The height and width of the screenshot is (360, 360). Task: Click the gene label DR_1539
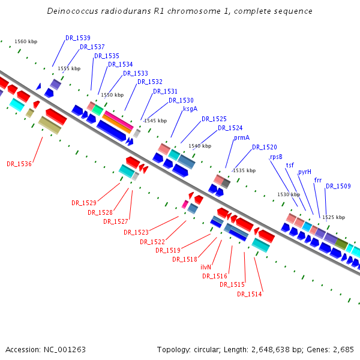78,38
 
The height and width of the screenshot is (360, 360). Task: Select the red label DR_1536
19,164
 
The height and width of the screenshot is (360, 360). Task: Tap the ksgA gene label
190,109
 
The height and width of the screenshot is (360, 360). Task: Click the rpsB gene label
276,157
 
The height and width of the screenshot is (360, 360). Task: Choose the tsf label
290,165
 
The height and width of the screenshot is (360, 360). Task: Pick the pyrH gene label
305,172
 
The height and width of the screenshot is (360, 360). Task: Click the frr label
318,180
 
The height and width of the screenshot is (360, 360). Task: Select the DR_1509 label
338,187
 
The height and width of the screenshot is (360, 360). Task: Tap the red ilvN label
206,268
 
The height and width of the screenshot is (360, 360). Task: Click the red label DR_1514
250,294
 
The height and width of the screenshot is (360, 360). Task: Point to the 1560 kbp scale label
26,41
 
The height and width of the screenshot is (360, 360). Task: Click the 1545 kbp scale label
155,121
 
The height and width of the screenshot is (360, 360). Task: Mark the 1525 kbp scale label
334,217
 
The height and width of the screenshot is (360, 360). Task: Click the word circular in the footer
211,349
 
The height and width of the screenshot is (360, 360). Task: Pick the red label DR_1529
84,203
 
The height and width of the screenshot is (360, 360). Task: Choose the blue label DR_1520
265,147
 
